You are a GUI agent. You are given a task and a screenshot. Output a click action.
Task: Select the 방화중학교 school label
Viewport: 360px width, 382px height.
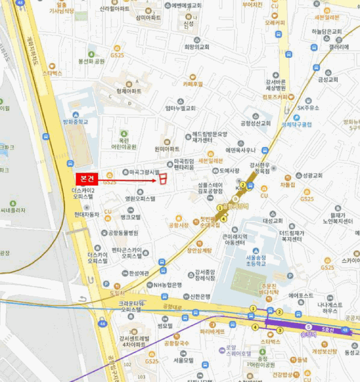coord(75,122)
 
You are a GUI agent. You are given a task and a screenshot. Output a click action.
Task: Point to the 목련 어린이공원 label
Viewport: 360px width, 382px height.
coord(124,143)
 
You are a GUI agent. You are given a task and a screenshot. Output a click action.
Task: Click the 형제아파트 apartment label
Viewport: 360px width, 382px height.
coord(129,91)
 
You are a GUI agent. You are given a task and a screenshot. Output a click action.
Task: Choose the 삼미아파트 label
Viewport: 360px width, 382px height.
coord(149,17)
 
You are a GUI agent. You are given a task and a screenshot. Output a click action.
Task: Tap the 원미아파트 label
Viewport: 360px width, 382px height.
coord(167,148)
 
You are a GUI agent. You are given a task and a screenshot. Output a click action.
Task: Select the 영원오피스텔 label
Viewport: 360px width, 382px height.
coord(140,199)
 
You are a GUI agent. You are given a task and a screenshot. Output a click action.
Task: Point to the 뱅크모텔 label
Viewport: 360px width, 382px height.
coord(130,217)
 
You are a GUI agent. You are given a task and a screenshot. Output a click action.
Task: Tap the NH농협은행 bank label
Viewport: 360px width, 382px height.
coord(167,285)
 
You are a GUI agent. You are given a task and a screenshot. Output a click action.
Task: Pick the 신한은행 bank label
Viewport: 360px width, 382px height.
coord(200,297)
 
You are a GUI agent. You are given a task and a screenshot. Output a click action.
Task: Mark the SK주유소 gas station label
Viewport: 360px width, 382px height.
coord(308,108)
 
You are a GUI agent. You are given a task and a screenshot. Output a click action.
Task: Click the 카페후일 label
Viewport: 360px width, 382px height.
coord(193,84)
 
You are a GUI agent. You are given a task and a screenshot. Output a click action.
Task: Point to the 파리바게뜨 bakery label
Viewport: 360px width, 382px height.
coord(212,331)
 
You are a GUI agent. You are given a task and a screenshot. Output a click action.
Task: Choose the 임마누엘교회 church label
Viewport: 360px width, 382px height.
coord(180,108)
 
